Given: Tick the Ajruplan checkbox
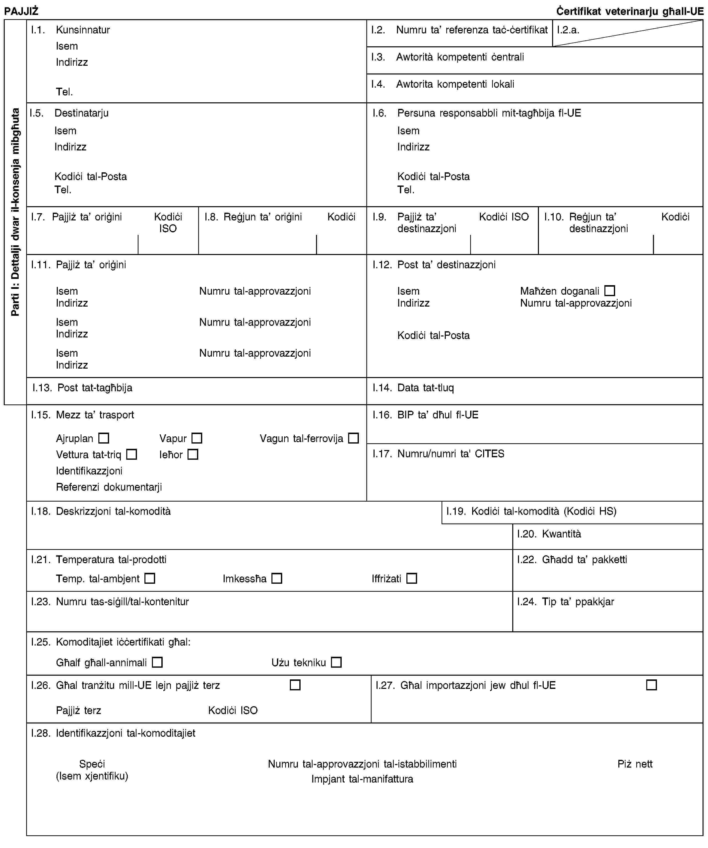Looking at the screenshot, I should [104, 438].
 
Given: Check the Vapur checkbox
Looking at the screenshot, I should [197, 438].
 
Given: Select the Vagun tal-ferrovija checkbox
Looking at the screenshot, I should [353, 438].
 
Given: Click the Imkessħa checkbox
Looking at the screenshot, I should [277, 579].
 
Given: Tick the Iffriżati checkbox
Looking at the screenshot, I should [412, 579].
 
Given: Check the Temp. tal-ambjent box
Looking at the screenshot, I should [150, 579].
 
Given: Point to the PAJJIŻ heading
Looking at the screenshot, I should [21, 11].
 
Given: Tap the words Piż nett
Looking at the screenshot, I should [635, 764].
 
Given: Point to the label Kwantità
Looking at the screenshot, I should [561, 534].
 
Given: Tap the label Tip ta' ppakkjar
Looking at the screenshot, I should [578, 602].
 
